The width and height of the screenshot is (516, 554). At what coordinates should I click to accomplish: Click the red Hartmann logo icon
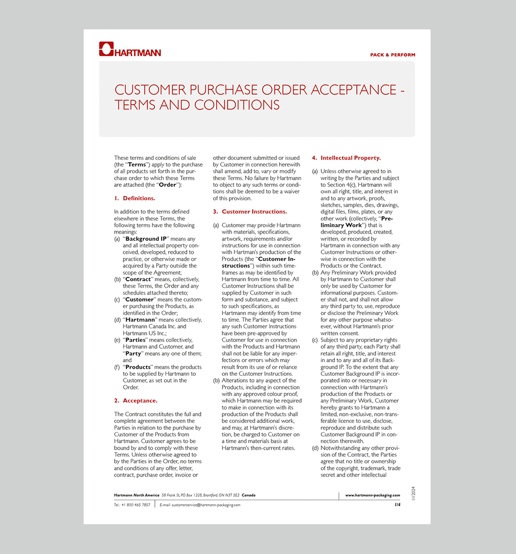(x=106, y=49)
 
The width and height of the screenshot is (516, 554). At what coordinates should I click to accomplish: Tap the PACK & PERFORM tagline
(x=392, y=55)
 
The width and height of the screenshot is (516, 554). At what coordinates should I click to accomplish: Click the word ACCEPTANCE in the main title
(x=353, y=90)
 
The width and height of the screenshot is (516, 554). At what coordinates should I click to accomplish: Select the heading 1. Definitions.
(x=135, y=198)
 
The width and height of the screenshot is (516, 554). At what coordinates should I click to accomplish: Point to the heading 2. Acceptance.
(x=136, y=401)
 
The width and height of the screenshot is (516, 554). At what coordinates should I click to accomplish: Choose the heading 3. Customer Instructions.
(x=250, y=212)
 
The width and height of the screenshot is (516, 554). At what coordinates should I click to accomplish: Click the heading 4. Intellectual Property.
(x=346, y=158)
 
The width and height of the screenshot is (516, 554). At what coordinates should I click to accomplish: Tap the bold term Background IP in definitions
(x=146, y=239)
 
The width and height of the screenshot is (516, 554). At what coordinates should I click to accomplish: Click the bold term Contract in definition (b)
(x=138, y=279)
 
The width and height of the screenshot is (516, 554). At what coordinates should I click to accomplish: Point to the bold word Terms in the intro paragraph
(x=137, y=165)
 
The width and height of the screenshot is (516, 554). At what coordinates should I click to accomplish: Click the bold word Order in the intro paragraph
(x=168, y=185)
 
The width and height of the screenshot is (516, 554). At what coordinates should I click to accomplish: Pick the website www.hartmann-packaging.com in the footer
(x=372, y=495)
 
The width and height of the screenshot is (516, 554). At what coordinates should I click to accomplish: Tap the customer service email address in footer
(x=206, y=505)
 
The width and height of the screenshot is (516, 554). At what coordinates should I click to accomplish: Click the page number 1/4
(x=397, y=505)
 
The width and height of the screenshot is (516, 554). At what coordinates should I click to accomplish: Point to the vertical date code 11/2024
(x=413, y=493)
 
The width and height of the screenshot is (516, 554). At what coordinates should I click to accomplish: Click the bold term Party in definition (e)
(x=133, y=354)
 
